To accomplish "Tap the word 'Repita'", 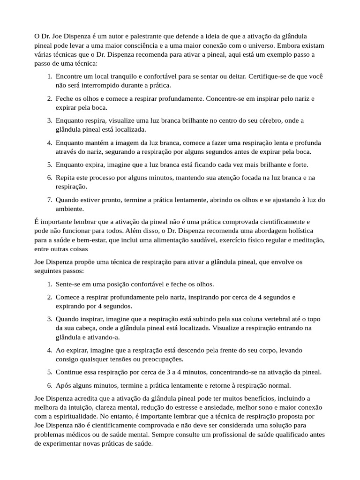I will pyautogui.click(x=65, y=178).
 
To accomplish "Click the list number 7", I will pyautogui.click(x=49, y=200).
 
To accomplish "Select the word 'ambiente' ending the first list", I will pyautogui.click(x=69, y=209).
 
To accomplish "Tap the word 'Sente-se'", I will pyautogui.click(x=68, y=284).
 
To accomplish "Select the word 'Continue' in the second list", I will pyautogui.click(x=70, y=372).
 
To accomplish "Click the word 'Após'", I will pyautogui.click(x=63, y=385).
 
